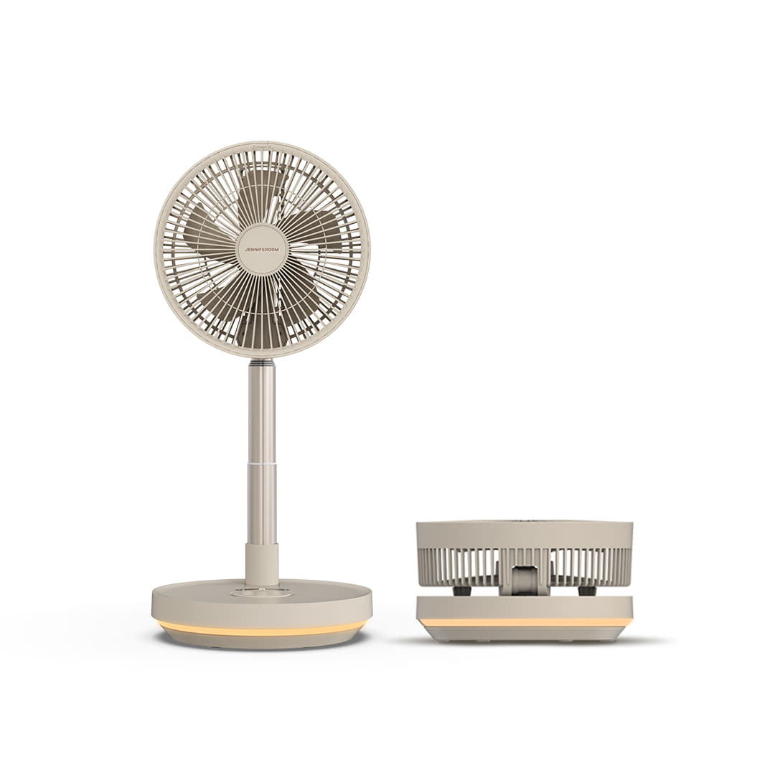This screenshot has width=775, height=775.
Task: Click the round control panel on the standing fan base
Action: [261, 592]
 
